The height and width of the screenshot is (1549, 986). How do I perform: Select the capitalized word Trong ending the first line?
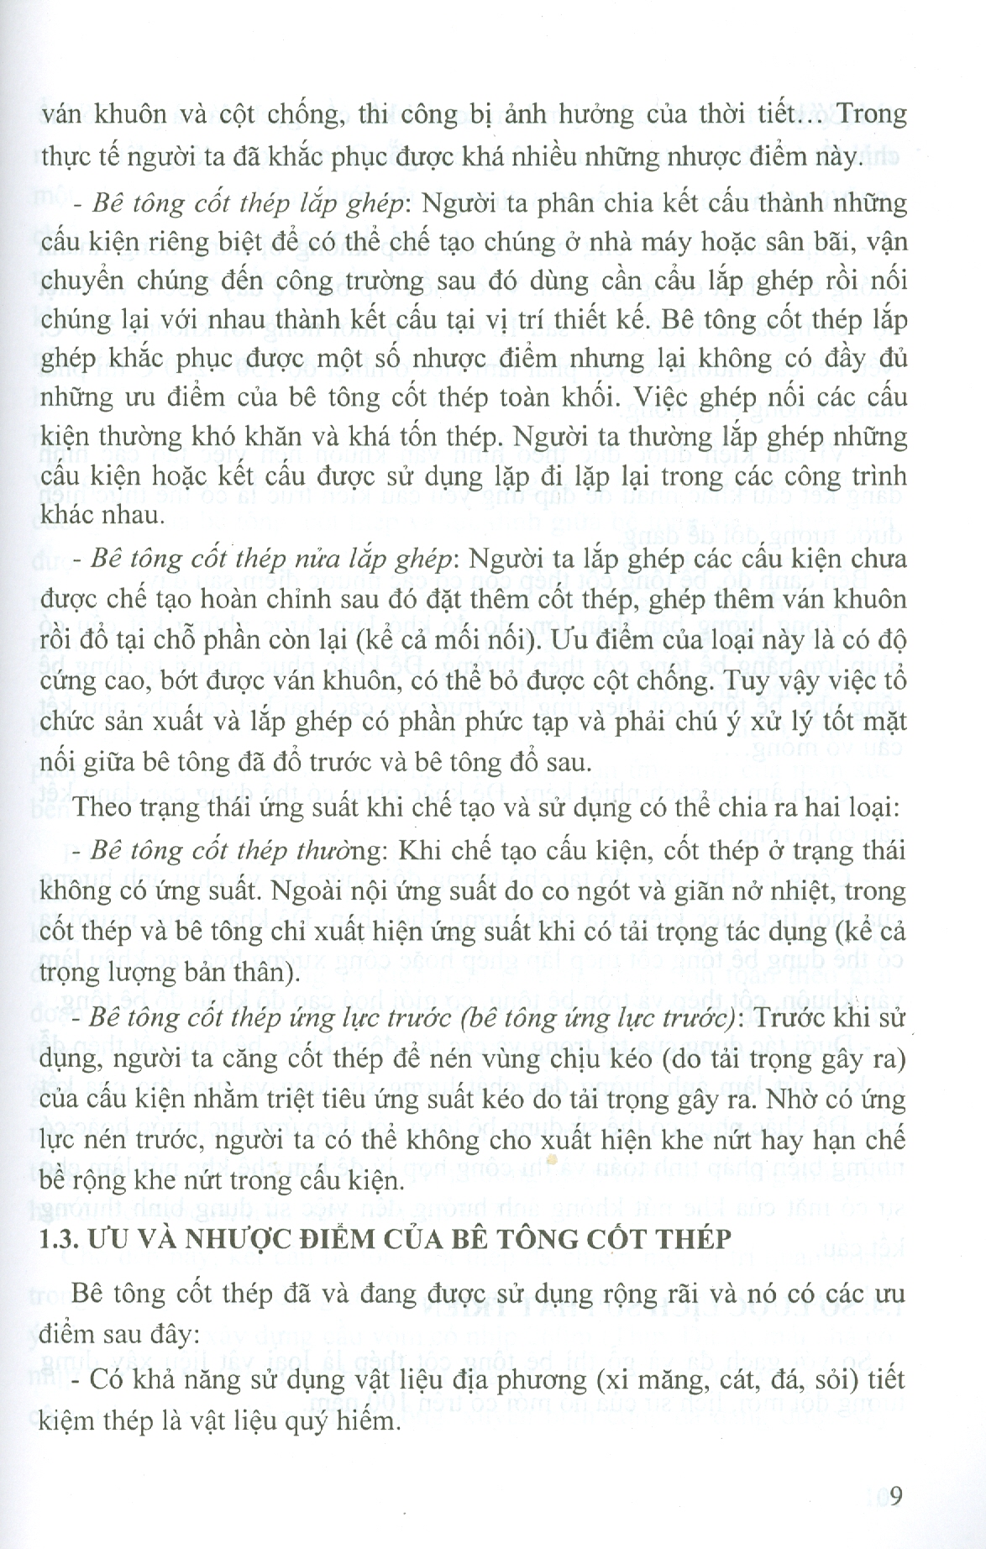tap(872, 113)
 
